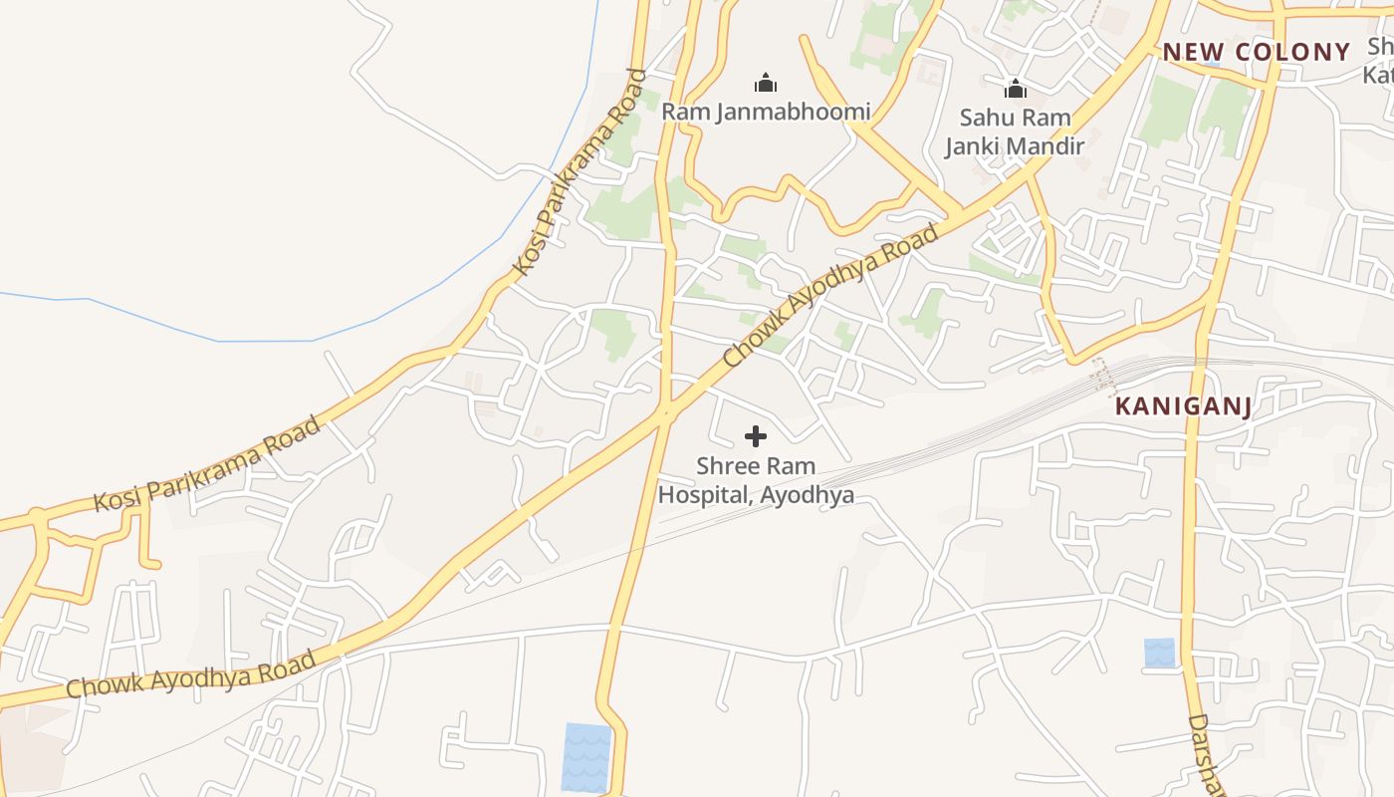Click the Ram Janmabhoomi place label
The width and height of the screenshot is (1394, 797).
[766, 112]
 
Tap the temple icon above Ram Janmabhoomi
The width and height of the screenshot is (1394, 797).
[766, 82]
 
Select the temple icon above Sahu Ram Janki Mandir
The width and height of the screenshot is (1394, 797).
[1015, 89]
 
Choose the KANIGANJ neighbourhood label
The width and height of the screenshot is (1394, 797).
[1183, 405]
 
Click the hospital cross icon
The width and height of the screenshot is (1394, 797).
[756, 436]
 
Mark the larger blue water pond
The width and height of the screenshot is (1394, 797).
[586, 757]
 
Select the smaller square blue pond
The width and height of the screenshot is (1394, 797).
[1159, 653]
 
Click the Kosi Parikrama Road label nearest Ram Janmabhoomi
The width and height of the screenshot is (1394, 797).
[581, 171]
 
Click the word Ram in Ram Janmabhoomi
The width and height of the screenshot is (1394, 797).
[684, 112]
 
